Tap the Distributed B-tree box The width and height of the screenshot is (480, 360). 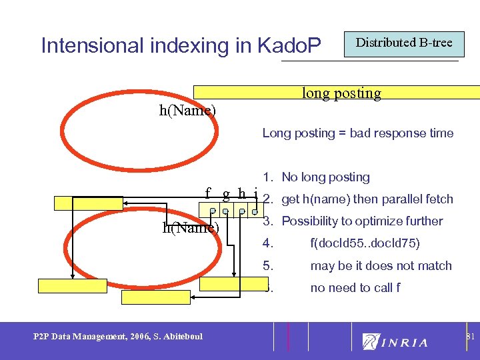pos(403,43)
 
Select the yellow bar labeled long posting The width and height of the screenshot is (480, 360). pos(340,93)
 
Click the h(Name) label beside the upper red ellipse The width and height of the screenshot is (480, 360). pos(187,110)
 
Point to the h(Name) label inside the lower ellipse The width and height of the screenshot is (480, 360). pos(191,227)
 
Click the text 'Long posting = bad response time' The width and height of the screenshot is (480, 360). pos(357,133)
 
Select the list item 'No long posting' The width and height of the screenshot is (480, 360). pos(325,177)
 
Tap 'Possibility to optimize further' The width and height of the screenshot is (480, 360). pos(362,221)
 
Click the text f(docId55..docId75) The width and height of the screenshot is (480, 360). pos(365,243)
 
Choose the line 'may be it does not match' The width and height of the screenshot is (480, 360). pos(381,265)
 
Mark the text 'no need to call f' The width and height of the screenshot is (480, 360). pos(355,287)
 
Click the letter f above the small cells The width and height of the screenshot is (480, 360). pos(209,194)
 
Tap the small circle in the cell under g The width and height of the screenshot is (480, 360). pos(227,211)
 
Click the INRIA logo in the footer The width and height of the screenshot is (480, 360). pos(396,342)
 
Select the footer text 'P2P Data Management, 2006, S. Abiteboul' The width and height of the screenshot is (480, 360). pos(118,336)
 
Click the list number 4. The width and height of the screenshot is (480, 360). pos(267,243)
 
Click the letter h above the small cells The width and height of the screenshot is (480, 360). pos(242,194)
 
